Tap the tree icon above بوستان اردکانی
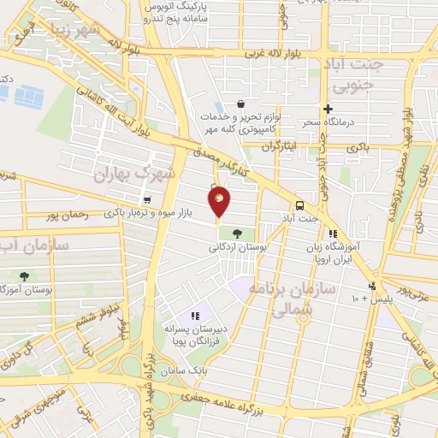[x=236, y=233]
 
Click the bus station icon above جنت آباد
[x=299, y=206]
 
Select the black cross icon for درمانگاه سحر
[x=327, y=109]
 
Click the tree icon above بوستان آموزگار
[x=24, y=276]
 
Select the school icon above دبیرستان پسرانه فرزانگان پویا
[x=196, y=317]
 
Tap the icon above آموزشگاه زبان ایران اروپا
[x=333, y=233]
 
